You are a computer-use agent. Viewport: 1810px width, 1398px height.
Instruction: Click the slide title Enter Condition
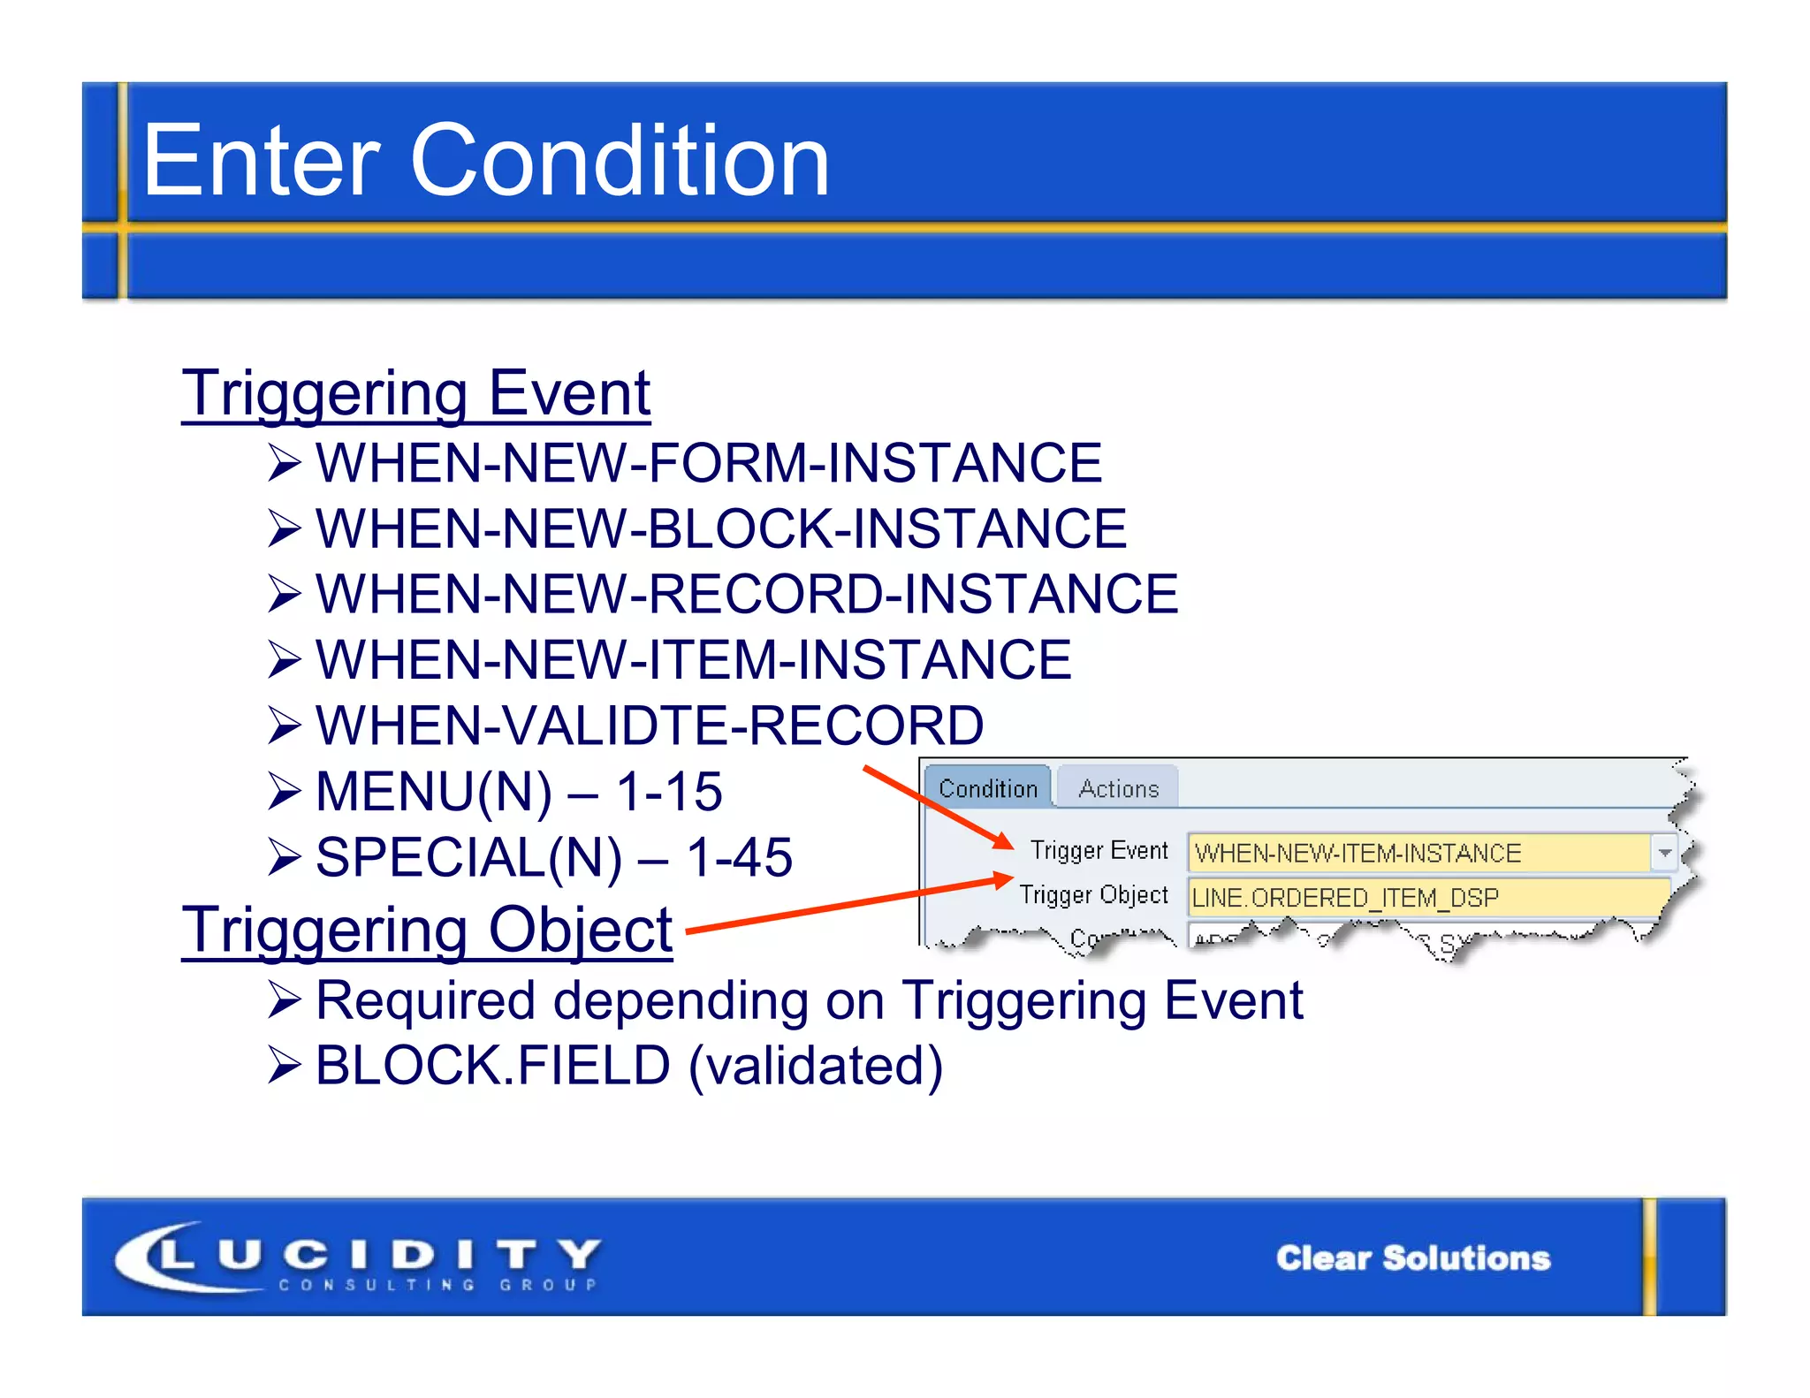tap(485, 161)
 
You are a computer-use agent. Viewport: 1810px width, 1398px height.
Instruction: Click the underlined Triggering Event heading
tap(415, 393)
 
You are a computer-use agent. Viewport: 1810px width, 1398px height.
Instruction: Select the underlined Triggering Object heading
tap(427, 930)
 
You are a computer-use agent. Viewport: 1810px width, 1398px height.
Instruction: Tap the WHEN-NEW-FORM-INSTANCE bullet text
tap(709, 463)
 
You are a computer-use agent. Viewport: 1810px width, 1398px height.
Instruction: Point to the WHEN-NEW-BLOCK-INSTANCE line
tap(720, 528)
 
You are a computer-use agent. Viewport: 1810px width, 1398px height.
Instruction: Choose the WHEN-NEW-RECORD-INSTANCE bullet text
tap(747, 594)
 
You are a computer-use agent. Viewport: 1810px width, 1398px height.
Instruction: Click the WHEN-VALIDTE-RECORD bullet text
tap(650, 726)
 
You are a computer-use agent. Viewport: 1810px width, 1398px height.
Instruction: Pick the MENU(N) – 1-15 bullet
tap(519, 791)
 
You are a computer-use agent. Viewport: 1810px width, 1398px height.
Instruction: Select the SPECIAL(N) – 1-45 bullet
tap(553, 857)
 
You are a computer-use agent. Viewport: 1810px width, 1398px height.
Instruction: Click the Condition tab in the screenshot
tap(988, 788)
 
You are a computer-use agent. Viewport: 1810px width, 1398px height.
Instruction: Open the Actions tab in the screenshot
tap(1118, 788)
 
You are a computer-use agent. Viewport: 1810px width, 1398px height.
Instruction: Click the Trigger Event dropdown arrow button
tap(1664, 853)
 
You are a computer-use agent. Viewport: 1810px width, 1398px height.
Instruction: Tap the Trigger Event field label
tap(1099, 850)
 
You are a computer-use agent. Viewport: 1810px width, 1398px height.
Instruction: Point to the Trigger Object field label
tap(1093, 895)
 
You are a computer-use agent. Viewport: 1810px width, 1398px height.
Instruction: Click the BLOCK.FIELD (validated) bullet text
tap(629, 1066)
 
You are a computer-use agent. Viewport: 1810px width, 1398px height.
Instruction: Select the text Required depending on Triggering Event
tap(809, 1000)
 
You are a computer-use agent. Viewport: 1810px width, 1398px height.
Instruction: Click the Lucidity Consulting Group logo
tap(358, 1257)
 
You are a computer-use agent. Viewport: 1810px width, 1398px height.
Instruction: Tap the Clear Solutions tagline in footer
tap(1412, 1257)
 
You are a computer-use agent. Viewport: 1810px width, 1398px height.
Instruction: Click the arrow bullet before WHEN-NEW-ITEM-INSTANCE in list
tap(285, 660)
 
